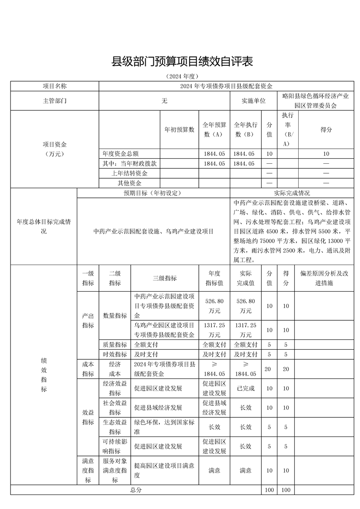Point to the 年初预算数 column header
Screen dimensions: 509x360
[x=179, y=129]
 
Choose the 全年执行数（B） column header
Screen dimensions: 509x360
[x=246, y=129]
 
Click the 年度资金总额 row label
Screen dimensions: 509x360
[x=124, y=154]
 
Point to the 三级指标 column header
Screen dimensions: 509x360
[x=164, y=278]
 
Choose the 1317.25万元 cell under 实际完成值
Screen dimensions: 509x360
[x=246, y=330]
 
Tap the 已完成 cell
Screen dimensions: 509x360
[x=246, y=388]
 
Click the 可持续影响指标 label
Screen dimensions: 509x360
[x=115, y=446]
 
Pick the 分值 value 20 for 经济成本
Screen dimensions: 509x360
[x=269, y=369]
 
